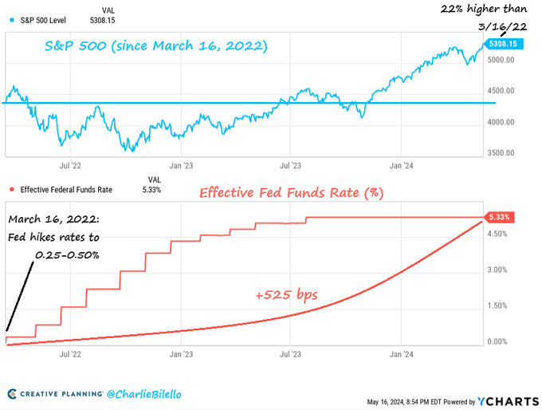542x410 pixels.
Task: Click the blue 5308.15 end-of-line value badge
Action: click(x=505, y=43)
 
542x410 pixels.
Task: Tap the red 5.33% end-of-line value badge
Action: click(x=498, y=217)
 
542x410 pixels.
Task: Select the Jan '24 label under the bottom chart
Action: click(x=402, y=353)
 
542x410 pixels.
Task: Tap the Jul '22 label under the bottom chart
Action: click(x=71, y=353)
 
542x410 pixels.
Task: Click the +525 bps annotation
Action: click(x=286, y=295)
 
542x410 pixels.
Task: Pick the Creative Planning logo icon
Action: click(x=12, y=394)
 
